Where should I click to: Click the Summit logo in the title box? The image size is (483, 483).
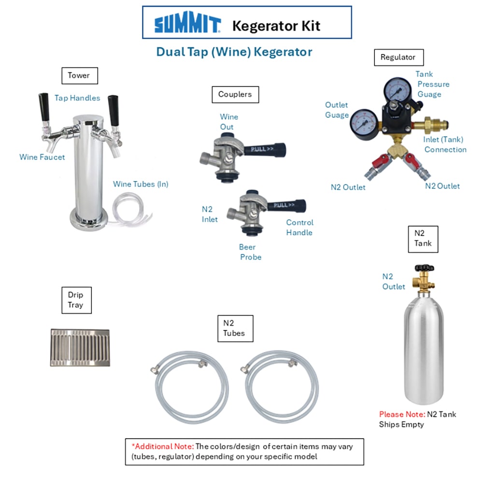[x=187, y=22]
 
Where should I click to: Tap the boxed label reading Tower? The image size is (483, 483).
[x=80, y=76]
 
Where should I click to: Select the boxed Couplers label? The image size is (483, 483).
[x=235, y=95]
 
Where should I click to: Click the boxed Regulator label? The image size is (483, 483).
[x=398, y=57]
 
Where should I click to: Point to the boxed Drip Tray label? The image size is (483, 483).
[x=76, y=300]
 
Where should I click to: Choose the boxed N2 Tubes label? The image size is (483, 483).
[x=235, y=328]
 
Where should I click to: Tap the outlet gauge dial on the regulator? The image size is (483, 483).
[x=364, y=124]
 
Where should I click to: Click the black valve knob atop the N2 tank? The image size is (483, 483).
[x=424, y=268]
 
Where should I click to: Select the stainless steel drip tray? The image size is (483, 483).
[x=80, y=348]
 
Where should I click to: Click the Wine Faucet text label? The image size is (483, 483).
[x=42, y=157]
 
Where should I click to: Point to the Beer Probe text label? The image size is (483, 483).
[x=250, y=252]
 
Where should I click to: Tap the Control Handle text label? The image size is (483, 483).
[x=299, y=227]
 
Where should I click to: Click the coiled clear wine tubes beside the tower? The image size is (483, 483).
[x=131, y=210]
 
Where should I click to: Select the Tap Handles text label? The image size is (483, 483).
[x=77, y=98]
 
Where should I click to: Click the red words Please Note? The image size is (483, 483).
[x=402, y=414]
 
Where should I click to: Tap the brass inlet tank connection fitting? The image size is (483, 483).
[x=431, y=125]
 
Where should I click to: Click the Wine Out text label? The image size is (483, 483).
[x=229, y=122]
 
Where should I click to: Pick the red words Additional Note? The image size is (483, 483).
[x=163, y=446]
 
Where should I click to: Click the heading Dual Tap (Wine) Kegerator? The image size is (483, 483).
[x=234, y=52]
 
